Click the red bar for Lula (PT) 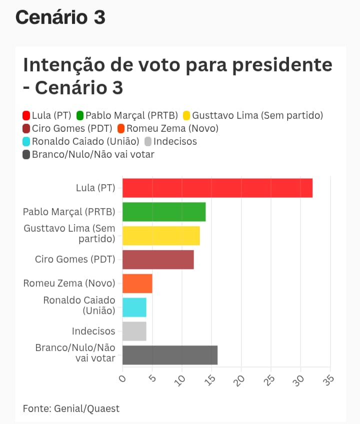pyautogui.click(x=217, y=188)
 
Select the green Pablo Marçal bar pyautogui.click(x=164, y=212)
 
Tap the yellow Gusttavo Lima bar pyautogui.click(x=161, y=235)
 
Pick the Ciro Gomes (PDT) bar pyautogui.click(x=158, y=260)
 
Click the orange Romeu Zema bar pyautogui.click(x=137, y=284)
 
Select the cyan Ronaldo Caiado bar pyautogui.click(x=134, y=307)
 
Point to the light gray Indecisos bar pyautogui.click(x=134, y=331)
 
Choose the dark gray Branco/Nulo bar pyautogui.click(x=170, y=355)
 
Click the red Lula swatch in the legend pyautogui.click(x=27, y=116)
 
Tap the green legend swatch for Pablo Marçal pyautogui.click(x=80, y=116)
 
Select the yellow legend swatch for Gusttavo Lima pyautogui.click(x=186, y=116)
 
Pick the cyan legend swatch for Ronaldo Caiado pyautogui.click(x=27, y=142)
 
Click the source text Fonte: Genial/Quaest pyautogui.click(x=71, y=409)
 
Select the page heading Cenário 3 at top pyautogui.click(x=60, y=17)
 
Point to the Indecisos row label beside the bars pyautogui.click(x=93, y=331)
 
